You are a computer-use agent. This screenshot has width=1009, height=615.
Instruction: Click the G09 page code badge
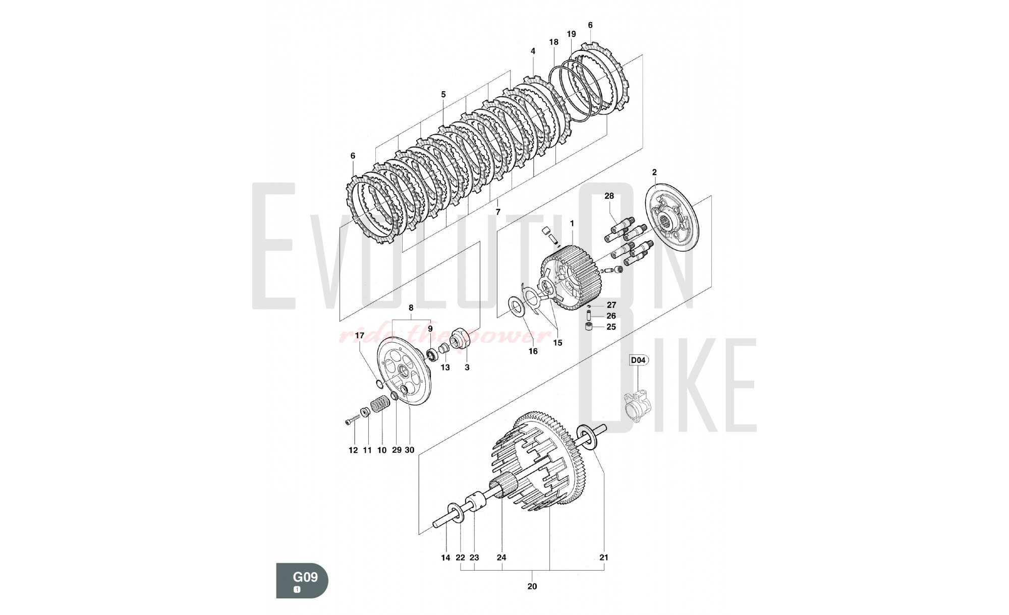pos(302,580)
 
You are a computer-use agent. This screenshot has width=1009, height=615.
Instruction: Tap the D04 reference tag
pos(639,360)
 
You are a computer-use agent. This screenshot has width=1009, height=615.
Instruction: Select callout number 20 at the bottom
pos(532,586)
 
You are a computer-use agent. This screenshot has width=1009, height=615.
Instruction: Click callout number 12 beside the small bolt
pos(353,450)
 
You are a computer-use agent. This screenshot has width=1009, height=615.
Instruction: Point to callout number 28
pos(609,196)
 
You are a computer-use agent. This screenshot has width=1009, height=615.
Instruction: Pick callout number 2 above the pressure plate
pos(654,172)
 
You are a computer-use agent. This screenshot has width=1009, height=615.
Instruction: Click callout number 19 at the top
pos(571,34)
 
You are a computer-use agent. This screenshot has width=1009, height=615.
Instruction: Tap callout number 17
pos(360,335)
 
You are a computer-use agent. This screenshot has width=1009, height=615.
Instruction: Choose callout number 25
pos(611,327)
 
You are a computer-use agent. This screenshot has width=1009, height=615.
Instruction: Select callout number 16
pos(533,351)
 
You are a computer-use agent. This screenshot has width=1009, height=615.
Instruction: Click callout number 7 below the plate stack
pos(498,212)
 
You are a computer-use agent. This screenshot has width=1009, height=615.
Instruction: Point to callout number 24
pos(501,558)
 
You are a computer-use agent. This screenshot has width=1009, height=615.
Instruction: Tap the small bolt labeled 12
pos(352,419)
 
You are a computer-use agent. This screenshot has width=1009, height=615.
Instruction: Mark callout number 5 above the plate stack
pos(443,94)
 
